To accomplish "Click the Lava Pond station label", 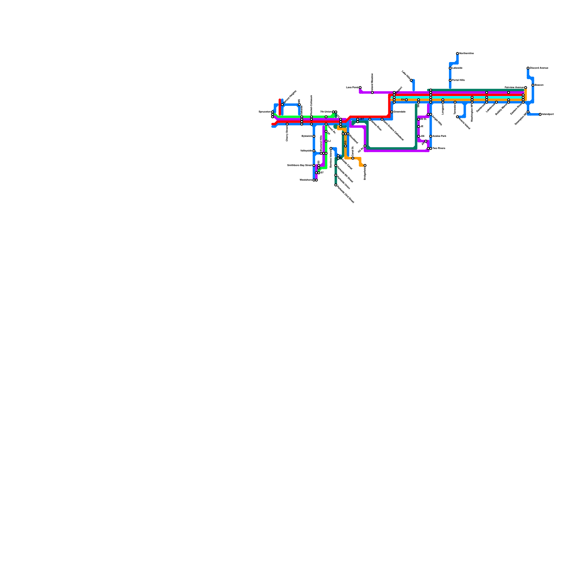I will (x=352, y=88).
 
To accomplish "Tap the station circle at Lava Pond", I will (x=360, y=88).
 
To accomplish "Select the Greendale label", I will (x=400, y=112).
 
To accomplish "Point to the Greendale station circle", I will (x=392, y=112).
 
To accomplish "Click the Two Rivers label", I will (x=439, y=149).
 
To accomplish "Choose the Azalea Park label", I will (x=439, y=136).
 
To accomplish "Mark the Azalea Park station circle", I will (x=431, y=136).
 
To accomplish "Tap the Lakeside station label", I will (x=457, y=68).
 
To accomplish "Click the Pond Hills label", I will (x=458, y=80).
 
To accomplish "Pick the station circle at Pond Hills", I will (x=450, y=80).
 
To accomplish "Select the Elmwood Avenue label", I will (x=539, y=68).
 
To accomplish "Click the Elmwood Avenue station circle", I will (x=528, y=68).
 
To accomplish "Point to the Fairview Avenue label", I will (x=514, y=88).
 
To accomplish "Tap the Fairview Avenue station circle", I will (x=525, y=88).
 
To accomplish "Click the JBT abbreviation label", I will (x=362, y=119).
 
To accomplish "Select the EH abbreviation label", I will (x=403, y=100).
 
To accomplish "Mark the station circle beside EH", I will (x=406, y=100).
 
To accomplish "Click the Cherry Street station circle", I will (x=287, y=124).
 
